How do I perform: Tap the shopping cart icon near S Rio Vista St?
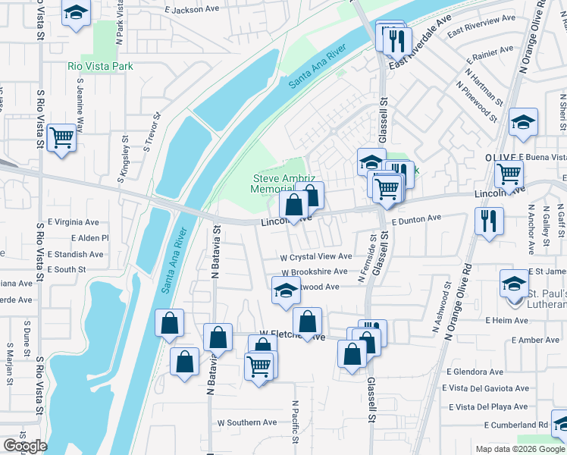click(61, 138)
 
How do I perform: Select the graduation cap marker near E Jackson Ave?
click(76, 13)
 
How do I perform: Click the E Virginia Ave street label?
click(74, 223)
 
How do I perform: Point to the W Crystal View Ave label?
click(315, 257)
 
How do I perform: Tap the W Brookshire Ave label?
click(315, 271)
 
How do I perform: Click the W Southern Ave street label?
click(247, 422)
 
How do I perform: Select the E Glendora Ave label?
click(475, 372)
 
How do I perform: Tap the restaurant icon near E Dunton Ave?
click(489, 221)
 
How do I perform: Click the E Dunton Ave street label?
click(417, 218)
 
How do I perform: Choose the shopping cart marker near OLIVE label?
click(509, 174)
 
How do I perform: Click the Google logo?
click(24, 446)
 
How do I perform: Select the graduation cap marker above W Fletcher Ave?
click(286, 290)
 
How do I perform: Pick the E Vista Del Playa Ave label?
click(488, 406)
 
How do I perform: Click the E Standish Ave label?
click(75, 254)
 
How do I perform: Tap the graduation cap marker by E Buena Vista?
click(523, 123)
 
